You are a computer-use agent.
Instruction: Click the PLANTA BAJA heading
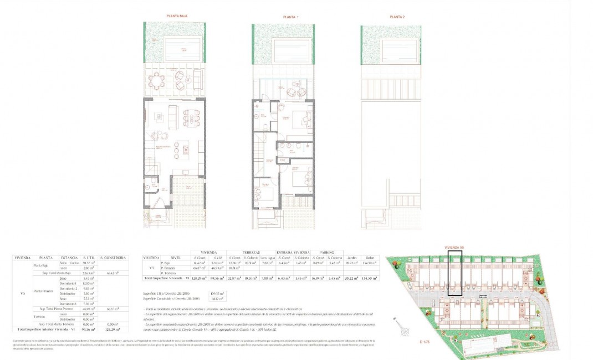(177, 17)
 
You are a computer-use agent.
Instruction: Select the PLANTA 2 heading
(397, 17)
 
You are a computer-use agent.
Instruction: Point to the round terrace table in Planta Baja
(160, 81)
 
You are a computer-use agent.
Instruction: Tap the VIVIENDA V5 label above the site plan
(454, 248)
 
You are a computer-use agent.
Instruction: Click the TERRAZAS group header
(252, 251)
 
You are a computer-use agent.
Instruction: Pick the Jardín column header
(350, 258)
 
